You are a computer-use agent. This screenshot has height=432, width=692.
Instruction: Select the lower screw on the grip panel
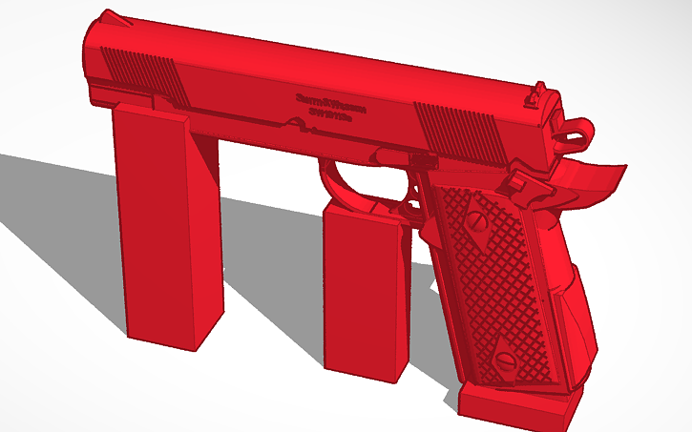(x=505, y=361)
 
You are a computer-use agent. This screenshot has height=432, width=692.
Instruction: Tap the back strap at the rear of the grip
(x=573, y=305)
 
